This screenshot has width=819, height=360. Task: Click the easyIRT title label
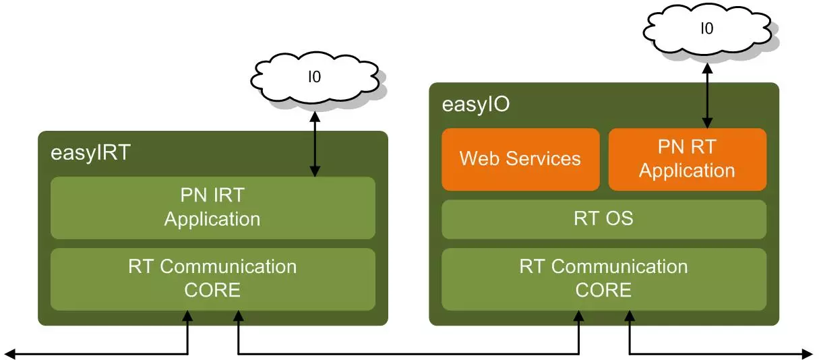click(x=90, y=153)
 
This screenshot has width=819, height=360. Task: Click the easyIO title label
click(x=476, y=104)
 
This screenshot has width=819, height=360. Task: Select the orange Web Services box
click(x=520, y=159)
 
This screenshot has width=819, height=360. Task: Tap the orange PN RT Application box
click(x=688, y=159)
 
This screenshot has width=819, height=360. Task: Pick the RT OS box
click(x=604, y=219)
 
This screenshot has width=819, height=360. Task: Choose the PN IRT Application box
click(x=213, y=208)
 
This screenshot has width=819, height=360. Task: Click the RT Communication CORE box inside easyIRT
click(x=213, y=279)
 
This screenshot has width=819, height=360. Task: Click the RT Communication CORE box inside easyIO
click(x=604, y=279)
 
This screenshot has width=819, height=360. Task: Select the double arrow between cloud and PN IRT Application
click(x=315, y=144)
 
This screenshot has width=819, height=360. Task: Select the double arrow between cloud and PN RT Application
click(x=708, y=96)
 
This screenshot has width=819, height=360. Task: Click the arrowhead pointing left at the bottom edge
click(x=9, y=354)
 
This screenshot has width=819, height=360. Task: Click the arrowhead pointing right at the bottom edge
click(x=808, y=354)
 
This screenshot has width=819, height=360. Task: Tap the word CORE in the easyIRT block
click(x=212, y=290)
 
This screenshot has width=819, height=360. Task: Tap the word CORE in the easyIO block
click(x=604, y=290)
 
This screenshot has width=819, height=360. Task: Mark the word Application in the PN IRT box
click(x=212, y=220)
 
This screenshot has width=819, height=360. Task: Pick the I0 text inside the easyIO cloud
click(x=707, y=28)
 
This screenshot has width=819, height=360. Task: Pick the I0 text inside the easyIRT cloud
click(x=315, y=77)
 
